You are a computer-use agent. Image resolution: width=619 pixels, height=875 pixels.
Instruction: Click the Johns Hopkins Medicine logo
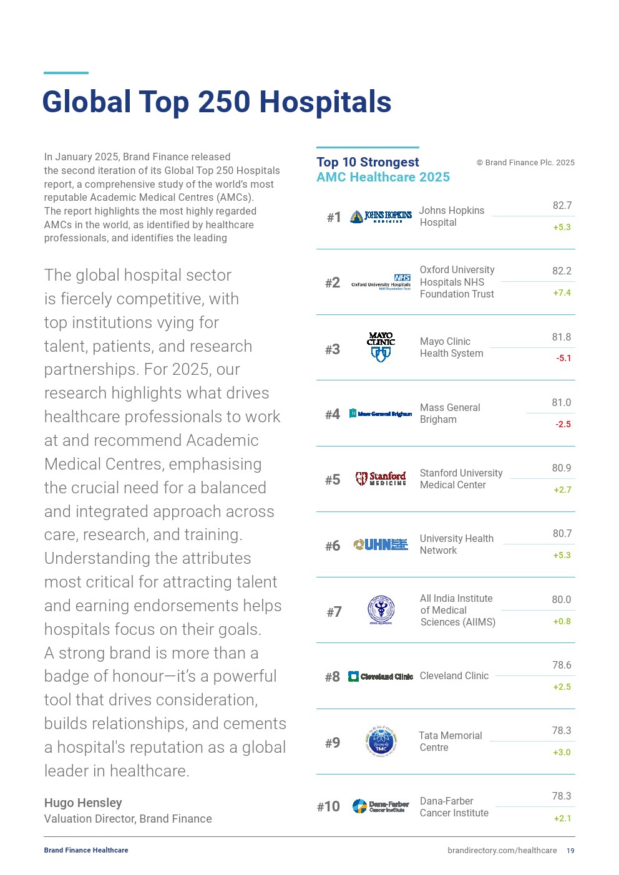pyautogui.click(x=381, y=216)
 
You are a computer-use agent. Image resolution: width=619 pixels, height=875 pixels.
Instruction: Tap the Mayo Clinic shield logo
pyautogui.click(x=381, y=347)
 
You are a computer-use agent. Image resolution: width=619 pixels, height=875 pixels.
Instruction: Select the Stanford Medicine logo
pyautogui.click(x=381, y=478)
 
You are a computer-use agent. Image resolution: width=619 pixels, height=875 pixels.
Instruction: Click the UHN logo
pyautogui.click(x=381, y=544)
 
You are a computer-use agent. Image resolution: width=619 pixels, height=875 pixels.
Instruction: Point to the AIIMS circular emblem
pyautogui.click(x=381, y=610)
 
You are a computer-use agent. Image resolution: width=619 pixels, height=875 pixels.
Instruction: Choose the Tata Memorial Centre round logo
pyautogui.click(x=381, y=742)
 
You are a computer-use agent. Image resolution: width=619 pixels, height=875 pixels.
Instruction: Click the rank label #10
pyautogui.click(x=328, y=806)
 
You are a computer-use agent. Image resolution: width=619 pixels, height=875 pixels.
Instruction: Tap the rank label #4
pyautogui.click(x=333, y=414)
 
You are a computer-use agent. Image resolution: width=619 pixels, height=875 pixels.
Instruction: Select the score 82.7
pyautogui.click(x=562, y=205)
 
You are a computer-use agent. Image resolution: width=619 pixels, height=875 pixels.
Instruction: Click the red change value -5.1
pyautogui.click(x=563, y=358)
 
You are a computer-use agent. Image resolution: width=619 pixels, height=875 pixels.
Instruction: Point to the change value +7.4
pyautogui.click(x=562, y=292)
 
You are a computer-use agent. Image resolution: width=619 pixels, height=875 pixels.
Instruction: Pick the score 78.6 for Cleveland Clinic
pyautogui.click(x=562, y=665)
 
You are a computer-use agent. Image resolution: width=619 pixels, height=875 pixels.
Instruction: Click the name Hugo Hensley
pyautogui.click(x=83, y=803)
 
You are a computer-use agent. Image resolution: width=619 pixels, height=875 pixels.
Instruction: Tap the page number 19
pyautogui.click(x=570, y=851)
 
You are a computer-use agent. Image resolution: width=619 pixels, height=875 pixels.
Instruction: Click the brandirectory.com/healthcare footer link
pyautogui.click(x=502, y=851)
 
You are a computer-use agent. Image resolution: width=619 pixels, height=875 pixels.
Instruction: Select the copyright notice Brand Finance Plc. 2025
pyautogui.click(x=525, y=163)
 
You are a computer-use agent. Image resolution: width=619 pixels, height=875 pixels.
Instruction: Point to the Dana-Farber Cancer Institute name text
pyautogui.click(x=454, y=806)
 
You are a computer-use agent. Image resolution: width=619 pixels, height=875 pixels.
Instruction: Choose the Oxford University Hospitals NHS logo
pyautogui.click(x=381, y=282)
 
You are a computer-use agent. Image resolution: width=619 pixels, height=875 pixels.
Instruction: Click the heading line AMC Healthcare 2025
pyautogui.click(x=383, y=177)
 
